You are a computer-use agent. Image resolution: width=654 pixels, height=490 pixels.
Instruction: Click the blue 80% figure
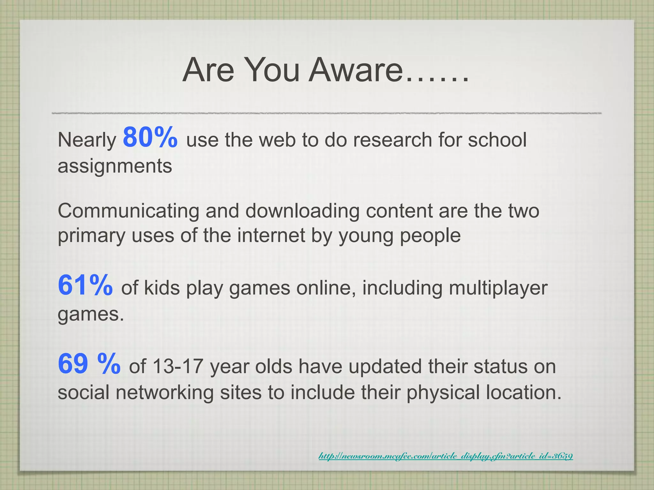tap(150, 137)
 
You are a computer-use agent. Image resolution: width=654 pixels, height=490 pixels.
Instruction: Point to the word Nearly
tap(87, 140)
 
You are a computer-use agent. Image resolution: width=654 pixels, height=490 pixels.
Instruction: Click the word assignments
tap(115, 166)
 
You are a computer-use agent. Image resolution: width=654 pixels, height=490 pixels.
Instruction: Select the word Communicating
tap(128, 211)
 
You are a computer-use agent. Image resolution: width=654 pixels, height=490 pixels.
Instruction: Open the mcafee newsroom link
tap(445, 456)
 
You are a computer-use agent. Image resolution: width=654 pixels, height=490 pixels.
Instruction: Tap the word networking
tap(164, 392)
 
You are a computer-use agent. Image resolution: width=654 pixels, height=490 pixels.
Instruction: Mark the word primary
tap(91, 236)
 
